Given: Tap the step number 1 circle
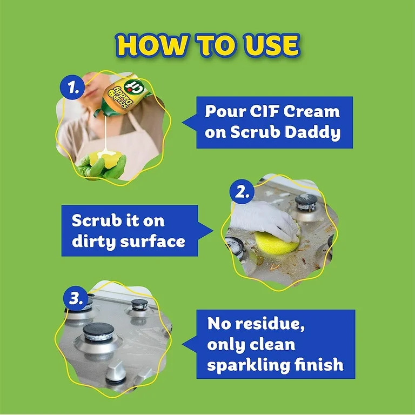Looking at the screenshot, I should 70,87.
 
